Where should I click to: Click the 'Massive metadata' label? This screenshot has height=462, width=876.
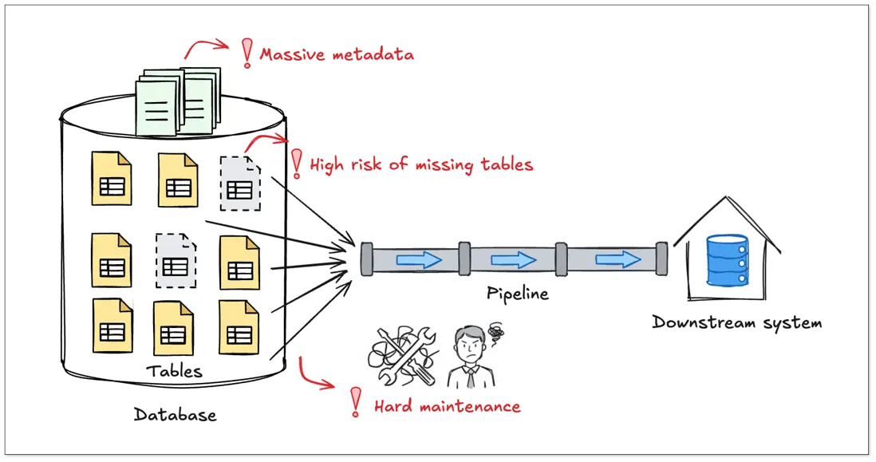[x=337, y=55]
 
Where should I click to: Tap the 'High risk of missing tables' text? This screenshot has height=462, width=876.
[x=420, y=165]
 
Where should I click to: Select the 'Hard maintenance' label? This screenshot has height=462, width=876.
[x=447, y=406]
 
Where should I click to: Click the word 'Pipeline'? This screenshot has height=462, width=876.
[x=518, y=294]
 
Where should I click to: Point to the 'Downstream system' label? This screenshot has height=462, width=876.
[x=736, y=323]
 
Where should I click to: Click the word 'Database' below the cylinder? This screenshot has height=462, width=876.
[x=175, y=415]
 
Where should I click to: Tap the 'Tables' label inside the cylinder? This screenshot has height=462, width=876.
[x=174, y=371]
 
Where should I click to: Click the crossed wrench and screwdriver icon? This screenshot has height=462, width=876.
[x=403, y=355]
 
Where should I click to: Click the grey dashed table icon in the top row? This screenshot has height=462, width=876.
[x=240, y=183]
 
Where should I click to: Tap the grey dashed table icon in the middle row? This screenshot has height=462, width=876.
[x=176, y=260]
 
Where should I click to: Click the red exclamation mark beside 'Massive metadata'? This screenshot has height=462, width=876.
[x=247, y=53]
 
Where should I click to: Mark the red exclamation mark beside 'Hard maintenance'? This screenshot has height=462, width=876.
[x=356, y=402]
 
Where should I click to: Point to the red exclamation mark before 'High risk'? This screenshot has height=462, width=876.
[x=297, y=163]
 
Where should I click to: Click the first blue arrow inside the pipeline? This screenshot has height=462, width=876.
[x=419, y=259]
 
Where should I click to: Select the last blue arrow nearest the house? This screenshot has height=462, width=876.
[x=618, y=259]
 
